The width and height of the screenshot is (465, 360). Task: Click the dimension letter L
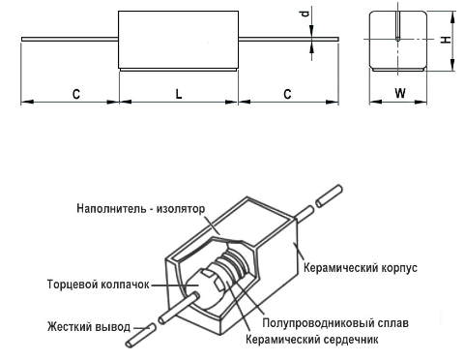(178, 93)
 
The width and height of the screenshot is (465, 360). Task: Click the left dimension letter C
(74, 93)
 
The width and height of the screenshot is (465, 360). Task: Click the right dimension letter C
(287, 93)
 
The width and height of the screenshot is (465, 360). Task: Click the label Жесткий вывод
(85, 325)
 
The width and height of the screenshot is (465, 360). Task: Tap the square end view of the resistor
(400, 42)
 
